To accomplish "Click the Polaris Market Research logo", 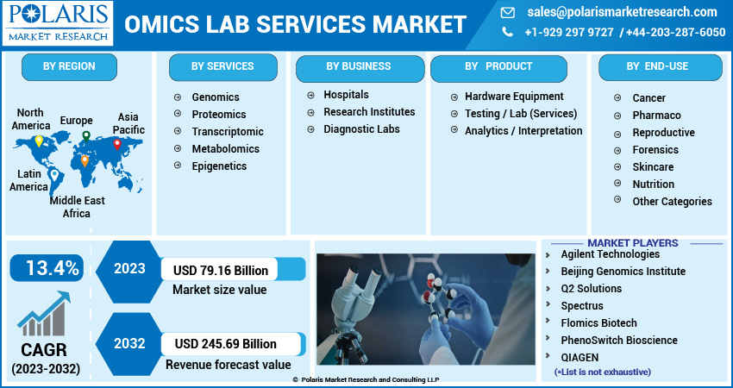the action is click(58, 23).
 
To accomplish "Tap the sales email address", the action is click(623, 12).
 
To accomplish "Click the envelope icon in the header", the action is click(508, 13).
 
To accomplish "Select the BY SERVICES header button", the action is click(222, 67).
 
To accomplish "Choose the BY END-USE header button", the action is click(660, 67).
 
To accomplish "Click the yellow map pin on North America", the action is click(40, 141).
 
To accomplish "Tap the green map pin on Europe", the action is click(86, 136).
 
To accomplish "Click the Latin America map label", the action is click(29, 180).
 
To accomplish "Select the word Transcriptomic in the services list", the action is click(228, 132).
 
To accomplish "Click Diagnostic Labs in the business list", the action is click(361, 129).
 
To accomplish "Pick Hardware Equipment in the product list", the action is click(514, 97).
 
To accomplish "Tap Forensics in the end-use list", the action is click(655, 149).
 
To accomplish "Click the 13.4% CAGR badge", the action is click(47, 268).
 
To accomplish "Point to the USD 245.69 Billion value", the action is click(226, 344).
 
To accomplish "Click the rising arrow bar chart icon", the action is click(44, 314).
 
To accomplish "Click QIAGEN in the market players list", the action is click(580, 358).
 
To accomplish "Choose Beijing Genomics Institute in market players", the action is click(623, 272).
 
